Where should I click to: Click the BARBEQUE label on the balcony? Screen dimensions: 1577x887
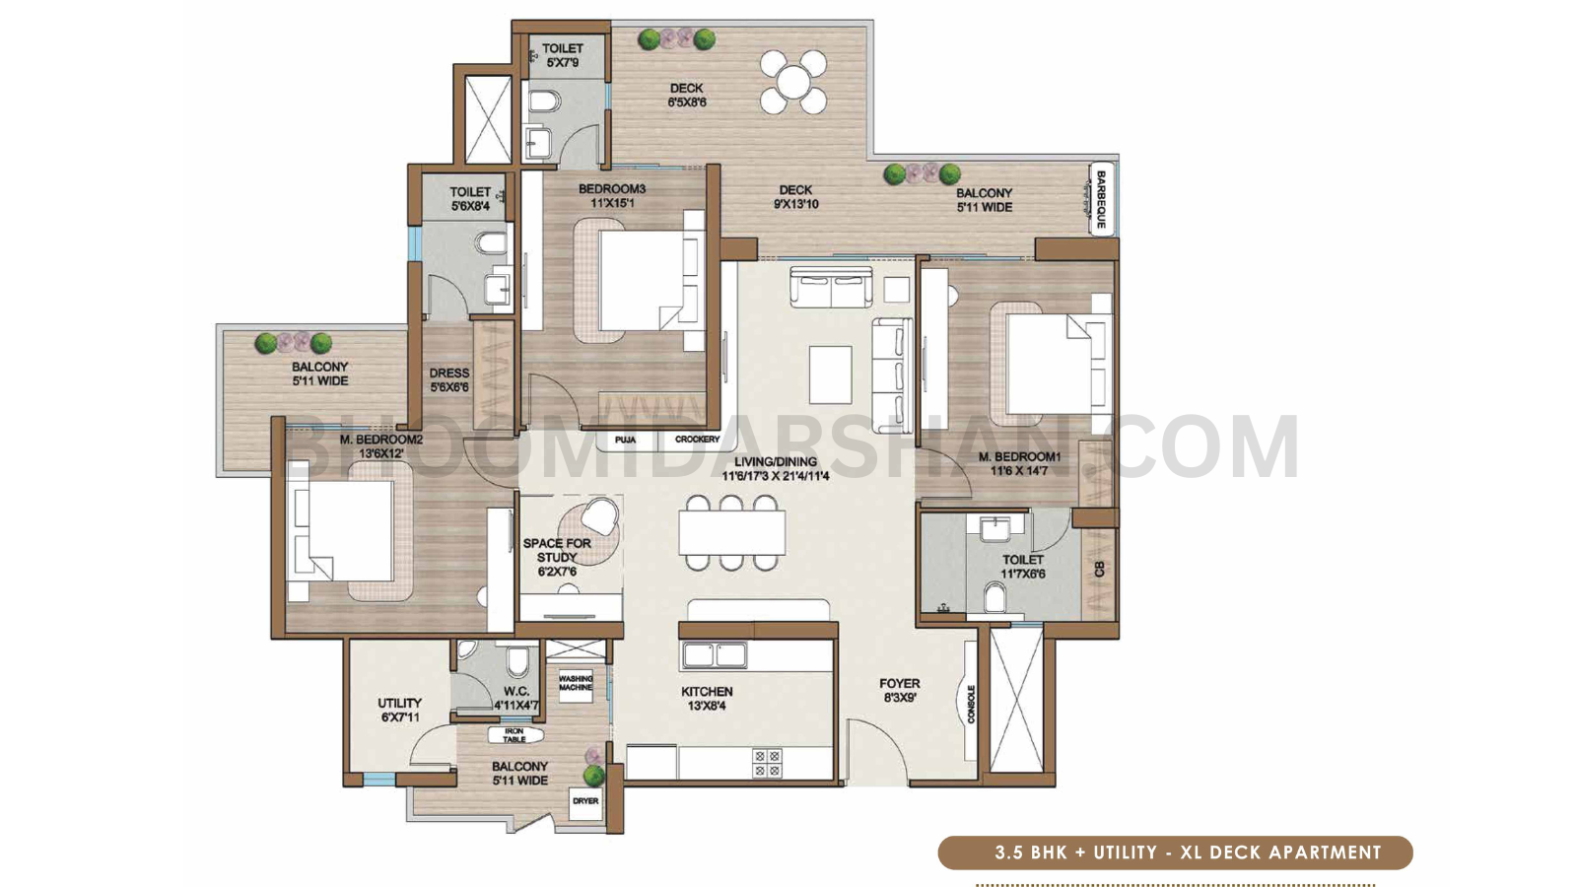click(x=1100, y=199)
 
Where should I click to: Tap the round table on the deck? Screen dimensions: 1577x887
click(x=793, y=82)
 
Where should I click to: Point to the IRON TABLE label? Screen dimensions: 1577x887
click(x=514, y=735)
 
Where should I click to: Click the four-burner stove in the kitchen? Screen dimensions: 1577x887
click(x=767, y=763)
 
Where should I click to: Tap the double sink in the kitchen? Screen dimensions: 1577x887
click(x=715, y=655)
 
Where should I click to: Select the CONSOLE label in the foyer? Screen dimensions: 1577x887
click(x=971, y=704)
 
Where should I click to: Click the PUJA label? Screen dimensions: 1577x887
click(x=625, y=440)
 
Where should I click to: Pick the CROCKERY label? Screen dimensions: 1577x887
click(x=697, y=440)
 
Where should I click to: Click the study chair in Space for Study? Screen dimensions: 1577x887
click(x=600, y=515)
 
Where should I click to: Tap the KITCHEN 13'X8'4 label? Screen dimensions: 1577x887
click(x=707, y=699)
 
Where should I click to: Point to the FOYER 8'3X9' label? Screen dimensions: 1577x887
click(x=900, y=691)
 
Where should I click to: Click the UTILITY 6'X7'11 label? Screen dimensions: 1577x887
click(x=400, y=710)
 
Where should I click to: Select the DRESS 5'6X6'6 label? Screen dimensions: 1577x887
click(x=449, y=380)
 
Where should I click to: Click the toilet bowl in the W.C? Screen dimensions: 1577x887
click(x=517, y=660)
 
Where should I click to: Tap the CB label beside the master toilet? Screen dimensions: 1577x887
click(x=1100, y=570)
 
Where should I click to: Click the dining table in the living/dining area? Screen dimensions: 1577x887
click(x=732, y=532)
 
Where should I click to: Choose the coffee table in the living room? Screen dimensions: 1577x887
click(x=831, y=374)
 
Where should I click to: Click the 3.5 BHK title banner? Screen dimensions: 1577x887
click(x=1175, y=853)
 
